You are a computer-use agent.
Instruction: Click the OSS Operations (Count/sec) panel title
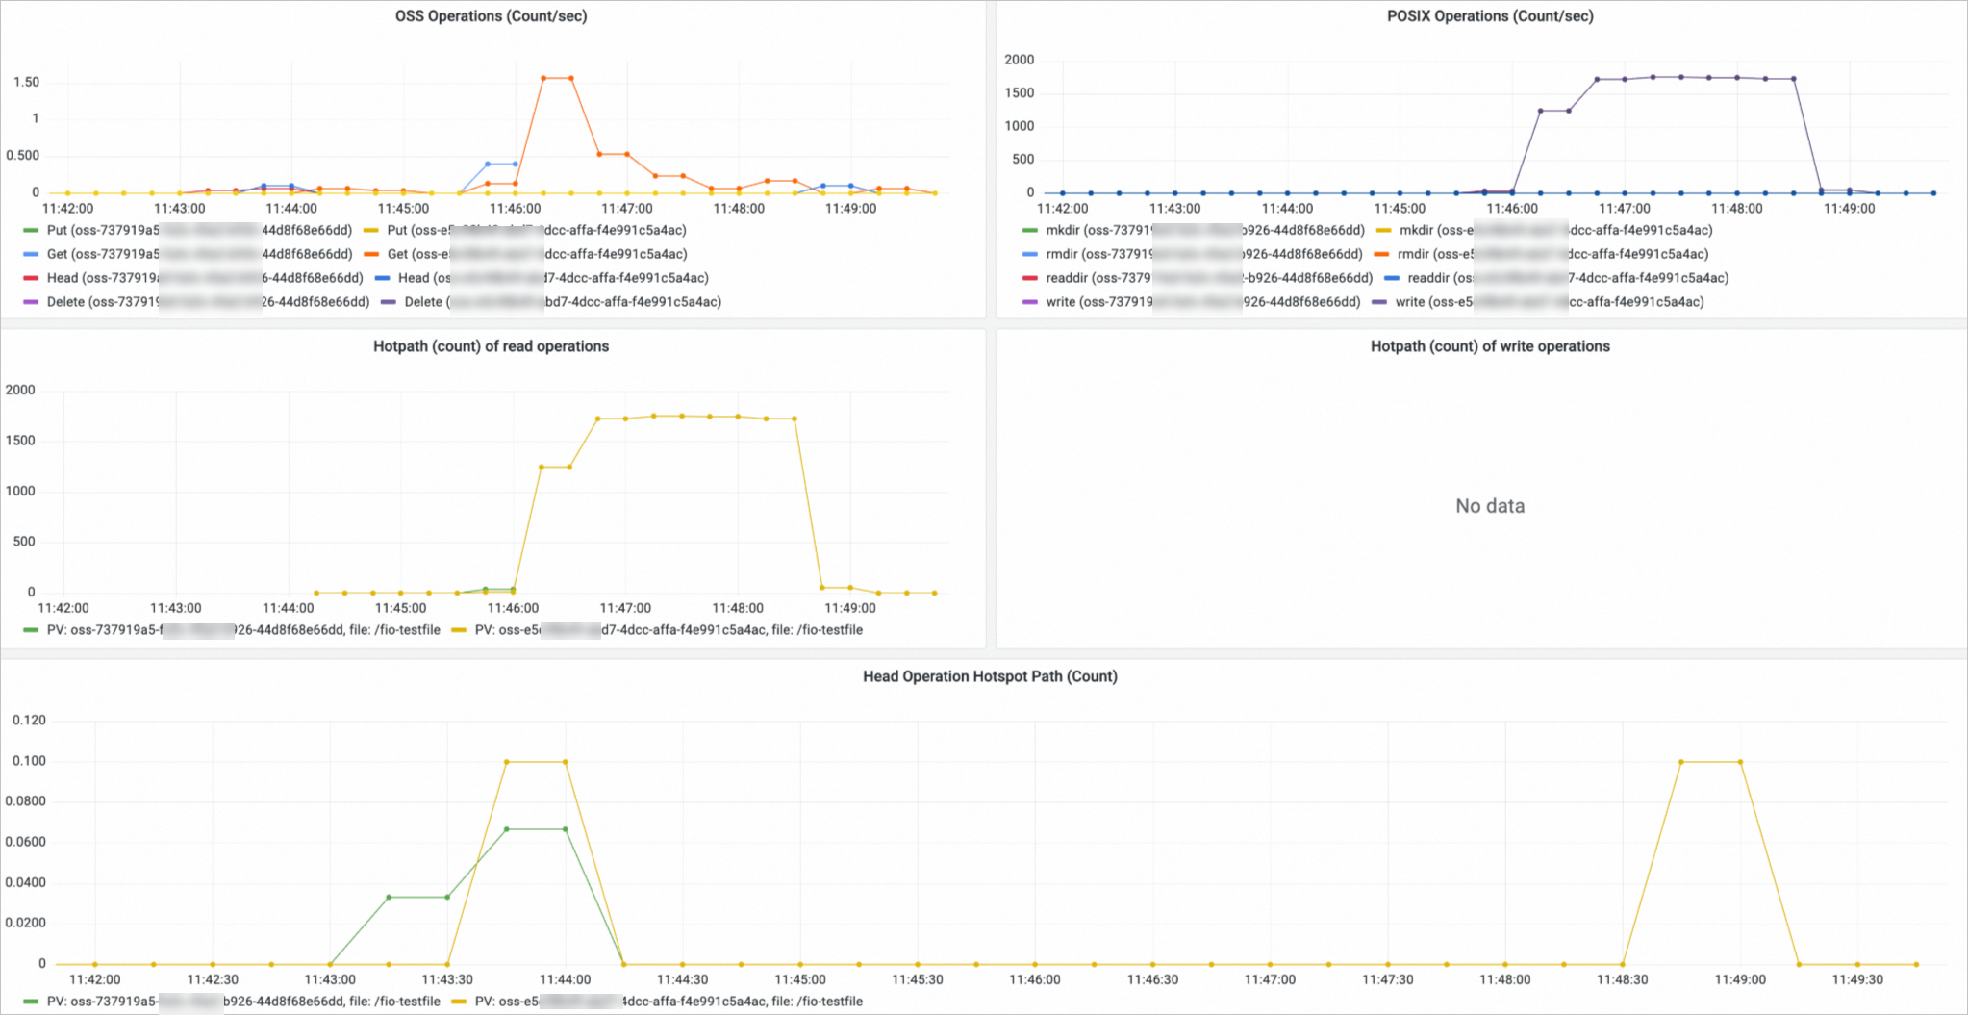pos(491,16)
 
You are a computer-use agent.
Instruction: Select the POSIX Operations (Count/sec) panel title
pos(1490,16)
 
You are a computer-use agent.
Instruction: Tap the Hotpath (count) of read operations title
pos(491,346)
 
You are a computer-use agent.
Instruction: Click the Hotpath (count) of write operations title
pos(1490,346)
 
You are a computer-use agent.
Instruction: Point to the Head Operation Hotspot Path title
pos(990,676)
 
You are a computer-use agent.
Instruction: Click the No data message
pos(1490,506)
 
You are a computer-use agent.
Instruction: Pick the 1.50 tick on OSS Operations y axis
pos(27,82)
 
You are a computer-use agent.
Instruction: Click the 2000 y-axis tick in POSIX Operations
pos(1020,60)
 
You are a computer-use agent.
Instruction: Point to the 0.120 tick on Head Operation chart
pos(29,721)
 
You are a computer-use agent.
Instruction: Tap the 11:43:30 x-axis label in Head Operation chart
pos(447,979)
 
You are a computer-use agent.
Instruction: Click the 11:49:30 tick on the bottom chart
pos(1857,979)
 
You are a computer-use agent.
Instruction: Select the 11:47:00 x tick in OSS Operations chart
pos(627,209)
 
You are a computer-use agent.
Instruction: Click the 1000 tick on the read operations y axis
pos(20,492)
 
